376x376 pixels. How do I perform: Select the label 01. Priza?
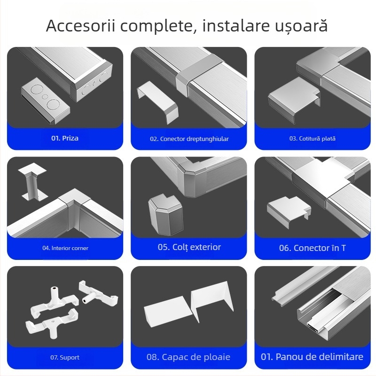(x=65, y=139)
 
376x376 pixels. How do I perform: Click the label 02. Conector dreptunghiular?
(x=189, y=139)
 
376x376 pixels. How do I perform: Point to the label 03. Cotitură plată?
(x=312, y=139)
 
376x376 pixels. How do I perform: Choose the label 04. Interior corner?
(x=65, y=248)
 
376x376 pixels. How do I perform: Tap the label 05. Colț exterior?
(x=189, y=247)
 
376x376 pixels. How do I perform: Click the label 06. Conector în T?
(x=312, y=248)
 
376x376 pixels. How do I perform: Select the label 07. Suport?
(x=65, y=357)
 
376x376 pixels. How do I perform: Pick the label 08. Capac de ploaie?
(x=188, y=357)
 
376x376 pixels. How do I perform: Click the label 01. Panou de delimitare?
(x=312, y=357)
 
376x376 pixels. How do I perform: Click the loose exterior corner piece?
(x=162, y=215)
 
